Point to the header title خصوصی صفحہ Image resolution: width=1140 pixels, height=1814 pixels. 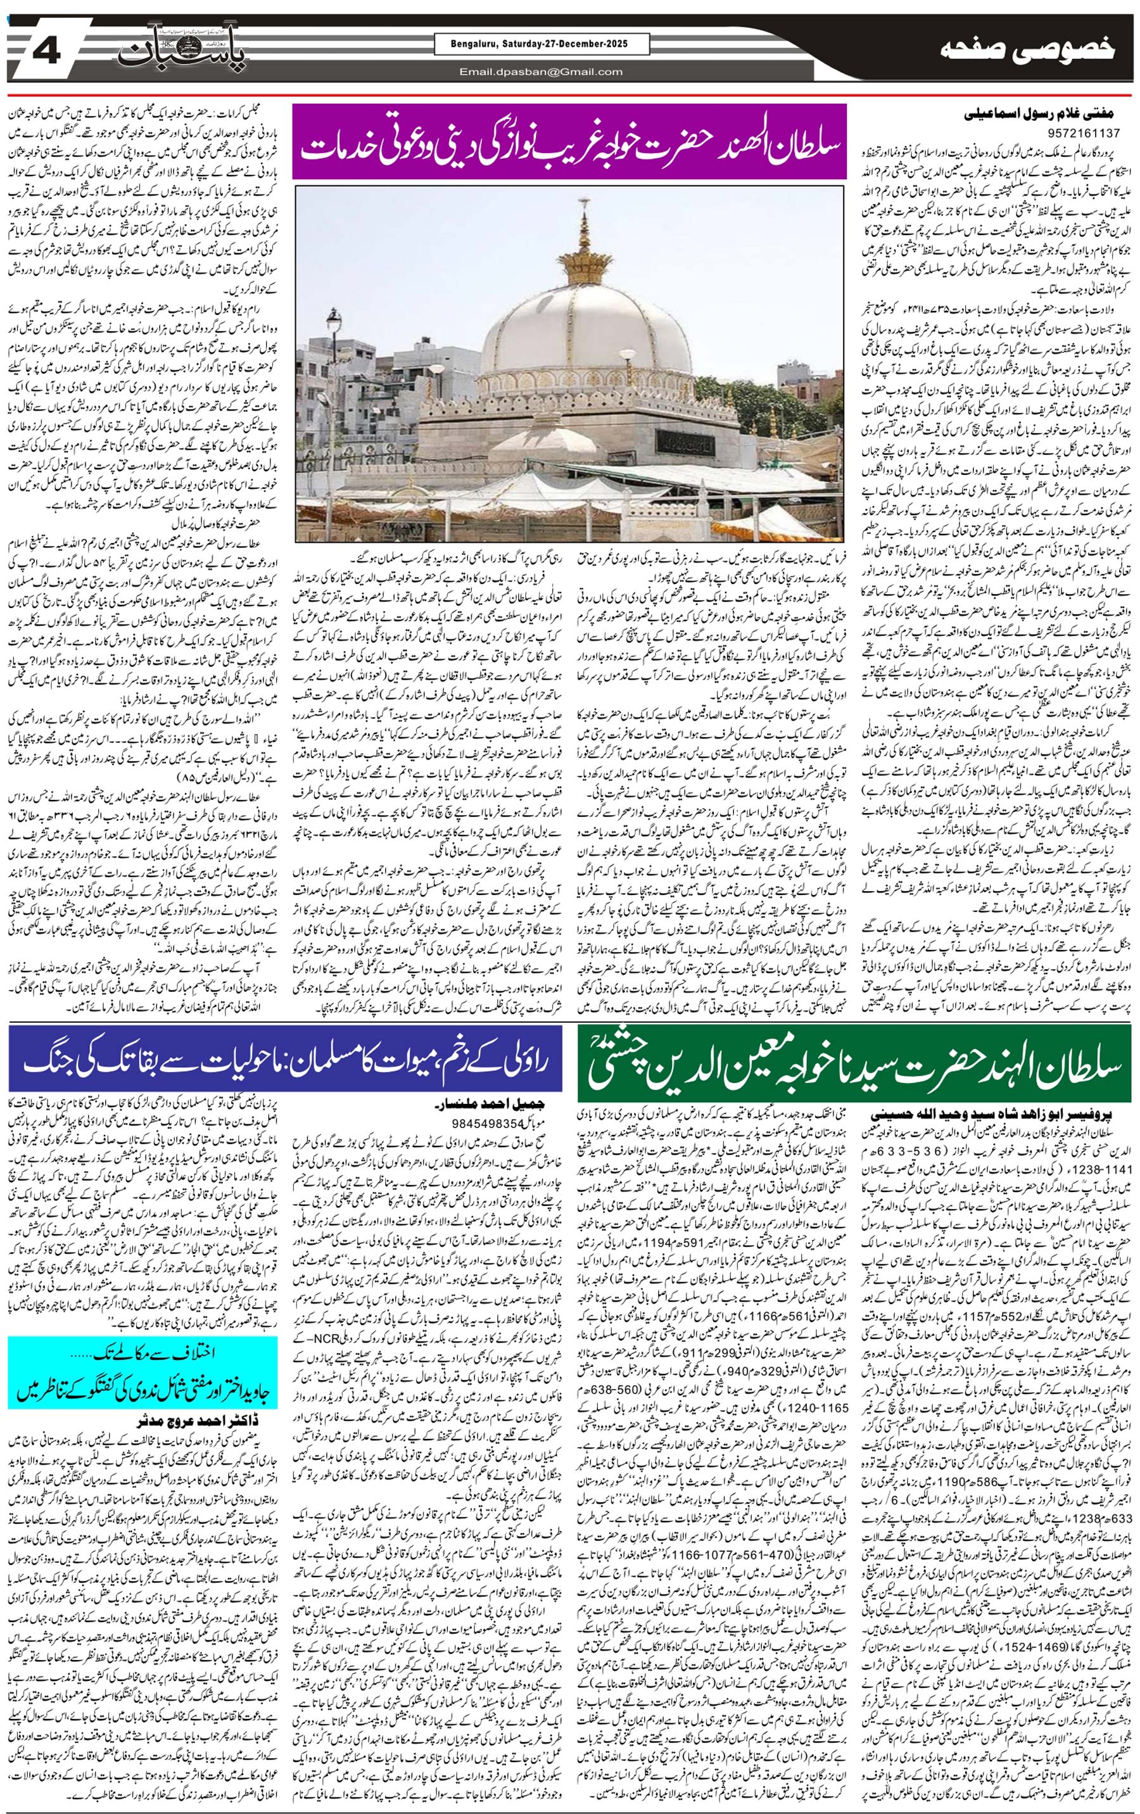click(x=1028, y=51)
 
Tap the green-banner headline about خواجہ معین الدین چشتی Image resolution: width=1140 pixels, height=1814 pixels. click(x=854, y=1063)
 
